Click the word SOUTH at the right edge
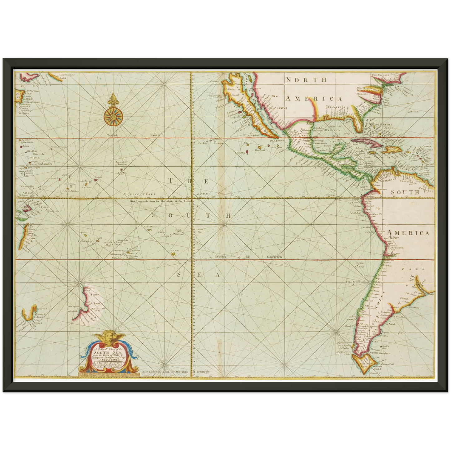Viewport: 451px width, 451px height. [405, 192]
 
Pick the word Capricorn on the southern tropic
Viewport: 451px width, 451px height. [274, 257]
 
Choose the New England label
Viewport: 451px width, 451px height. [380, 75]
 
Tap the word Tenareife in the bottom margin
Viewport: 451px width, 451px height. [203, 372]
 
